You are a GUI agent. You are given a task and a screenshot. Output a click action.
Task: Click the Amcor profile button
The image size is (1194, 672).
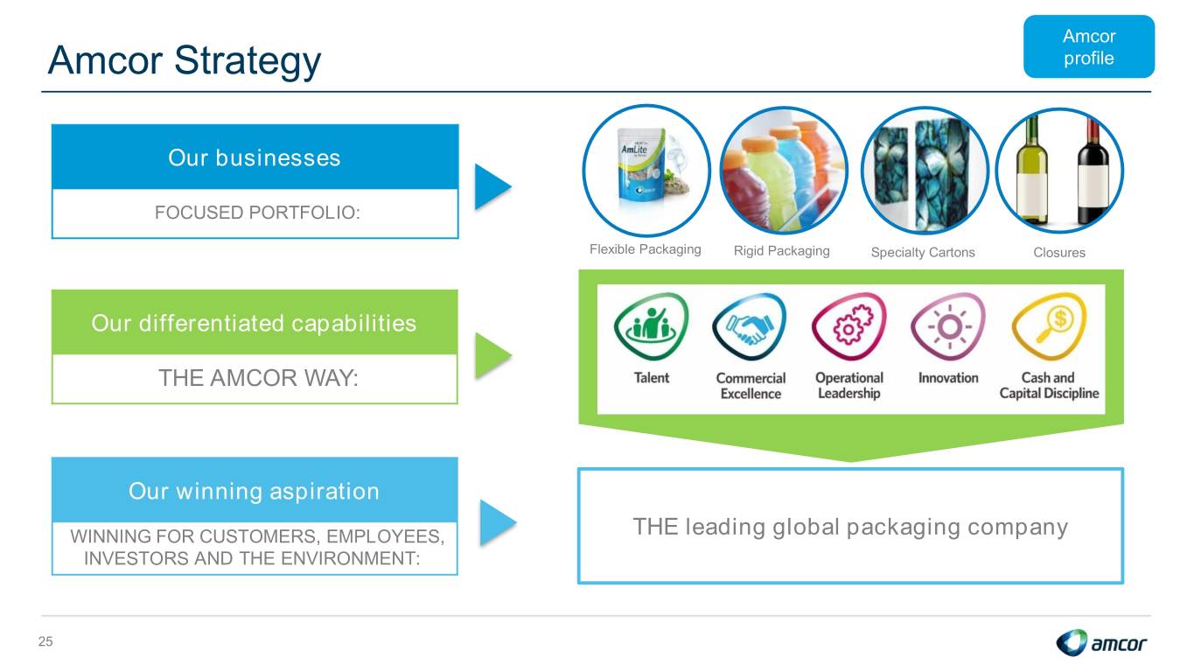[1088, 46]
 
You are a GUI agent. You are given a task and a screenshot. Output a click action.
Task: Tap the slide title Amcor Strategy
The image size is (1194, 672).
[185, 60]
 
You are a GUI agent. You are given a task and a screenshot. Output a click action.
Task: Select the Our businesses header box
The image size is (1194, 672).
[255, 157]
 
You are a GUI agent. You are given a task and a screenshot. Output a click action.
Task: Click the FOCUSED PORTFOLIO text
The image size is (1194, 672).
[257, 213]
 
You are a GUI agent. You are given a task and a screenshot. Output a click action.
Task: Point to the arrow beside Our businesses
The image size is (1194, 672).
[492, 186]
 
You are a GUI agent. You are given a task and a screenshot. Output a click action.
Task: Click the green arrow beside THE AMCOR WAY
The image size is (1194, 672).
[492, 356]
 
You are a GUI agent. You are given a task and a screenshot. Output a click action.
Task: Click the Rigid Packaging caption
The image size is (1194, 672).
[781, 250]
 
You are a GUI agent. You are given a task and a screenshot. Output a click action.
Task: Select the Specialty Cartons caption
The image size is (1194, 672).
[923, 252]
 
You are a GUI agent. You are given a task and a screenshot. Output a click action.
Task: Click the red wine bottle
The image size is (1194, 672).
[1093, 171]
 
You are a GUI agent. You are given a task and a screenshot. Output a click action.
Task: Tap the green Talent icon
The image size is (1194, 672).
[651, 325]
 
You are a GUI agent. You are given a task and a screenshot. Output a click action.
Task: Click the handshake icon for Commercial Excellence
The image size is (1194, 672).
[749, 326]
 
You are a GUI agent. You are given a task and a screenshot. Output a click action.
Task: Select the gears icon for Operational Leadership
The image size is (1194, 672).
[848, 326]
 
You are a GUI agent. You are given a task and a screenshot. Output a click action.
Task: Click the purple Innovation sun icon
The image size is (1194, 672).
[948, 326]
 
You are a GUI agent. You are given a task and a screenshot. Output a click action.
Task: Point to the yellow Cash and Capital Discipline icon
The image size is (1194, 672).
[1049, 326]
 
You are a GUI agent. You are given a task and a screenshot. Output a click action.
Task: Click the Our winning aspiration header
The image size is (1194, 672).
[255, 490]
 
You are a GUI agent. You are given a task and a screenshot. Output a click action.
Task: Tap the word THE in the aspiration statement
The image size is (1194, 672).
[655, 527]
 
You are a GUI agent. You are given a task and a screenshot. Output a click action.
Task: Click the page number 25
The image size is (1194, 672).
[45, 641]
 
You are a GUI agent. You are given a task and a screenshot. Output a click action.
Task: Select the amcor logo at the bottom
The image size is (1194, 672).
[1101, 642]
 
